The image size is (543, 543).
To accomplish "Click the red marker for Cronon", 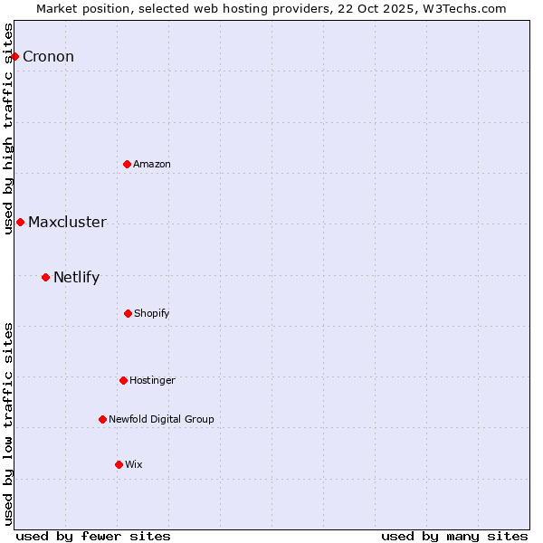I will (14, 56).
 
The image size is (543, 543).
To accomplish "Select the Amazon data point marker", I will (127, 164).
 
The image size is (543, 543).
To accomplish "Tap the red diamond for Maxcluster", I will (20, 222).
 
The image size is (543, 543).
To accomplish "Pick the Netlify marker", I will (45, 277).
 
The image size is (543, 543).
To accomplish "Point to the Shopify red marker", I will (128, 313).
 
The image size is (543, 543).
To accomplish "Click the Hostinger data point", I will (123, 380).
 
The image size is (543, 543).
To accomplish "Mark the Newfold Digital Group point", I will (102, 419).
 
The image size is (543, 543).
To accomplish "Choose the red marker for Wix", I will (119, 464).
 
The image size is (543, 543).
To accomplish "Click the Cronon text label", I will (48, 57).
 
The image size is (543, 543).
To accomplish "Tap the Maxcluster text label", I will (67, 223).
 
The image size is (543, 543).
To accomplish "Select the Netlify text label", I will (76, 278).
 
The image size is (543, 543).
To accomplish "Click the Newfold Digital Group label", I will (161, 419).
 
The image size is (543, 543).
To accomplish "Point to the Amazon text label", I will (151, 164).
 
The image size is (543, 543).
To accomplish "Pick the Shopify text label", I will (151, 313).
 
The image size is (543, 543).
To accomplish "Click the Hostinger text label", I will (152, 380).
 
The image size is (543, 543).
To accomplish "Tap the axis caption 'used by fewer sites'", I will (93, 536).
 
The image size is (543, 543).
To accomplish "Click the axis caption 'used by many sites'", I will (454, 536).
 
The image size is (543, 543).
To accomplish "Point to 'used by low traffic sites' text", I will (9, 424).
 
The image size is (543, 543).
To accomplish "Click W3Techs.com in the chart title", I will (467, 8).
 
